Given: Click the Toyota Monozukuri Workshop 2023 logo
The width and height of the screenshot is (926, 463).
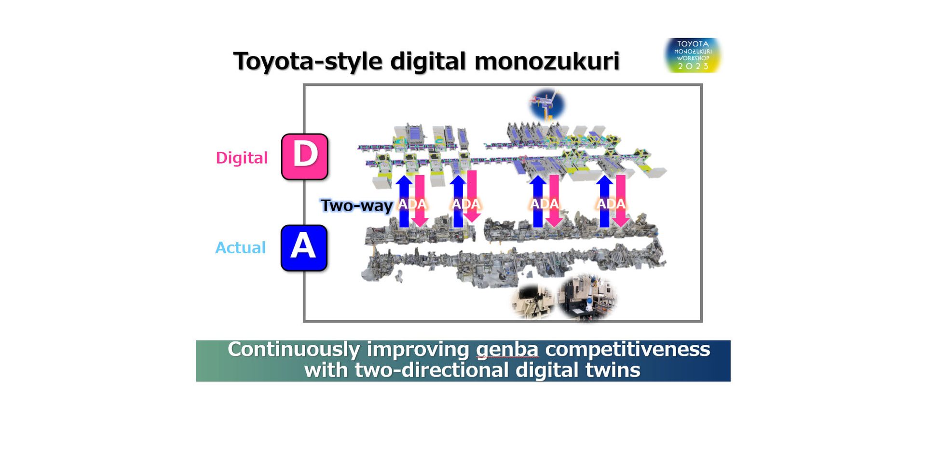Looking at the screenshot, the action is (x=693, y=55).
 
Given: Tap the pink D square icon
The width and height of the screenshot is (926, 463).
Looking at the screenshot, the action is (x=305, y=157).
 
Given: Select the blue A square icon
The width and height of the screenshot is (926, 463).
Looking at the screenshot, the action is (x=304, y=248).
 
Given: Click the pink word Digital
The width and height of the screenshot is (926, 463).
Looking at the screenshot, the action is (x=242, y=158).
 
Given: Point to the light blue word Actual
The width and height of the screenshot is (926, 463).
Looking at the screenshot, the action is (x=240, y=247).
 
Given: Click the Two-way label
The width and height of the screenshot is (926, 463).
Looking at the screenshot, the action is (x=356, y=205).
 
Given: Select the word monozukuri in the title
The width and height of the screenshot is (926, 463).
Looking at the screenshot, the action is (x=547, y=61).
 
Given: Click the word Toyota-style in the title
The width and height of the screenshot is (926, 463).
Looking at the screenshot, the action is (x=308, y=62).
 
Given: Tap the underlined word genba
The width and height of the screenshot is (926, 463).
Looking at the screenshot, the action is (x=507, y=350).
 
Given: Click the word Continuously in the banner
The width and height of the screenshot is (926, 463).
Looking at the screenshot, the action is (x=294, y=350).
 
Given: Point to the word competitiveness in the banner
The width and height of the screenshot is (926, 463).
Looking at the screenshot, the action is (x=627, y=349).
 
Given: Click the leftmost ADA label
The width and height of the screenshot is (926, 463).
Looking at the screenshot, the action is (x=412, y=204).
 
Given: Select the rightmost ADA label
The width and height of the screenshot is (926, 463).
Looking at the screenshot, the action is (x=611, y=204).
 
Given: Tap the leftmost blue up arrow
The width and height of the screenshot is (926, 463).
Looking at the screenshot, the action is (x=404, y=201).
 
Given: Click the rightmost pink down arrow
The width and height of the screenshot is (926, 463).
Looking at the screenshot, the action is (x=621, y=201).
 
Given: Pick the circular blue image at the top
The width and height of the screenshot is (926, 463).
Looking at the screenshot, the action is (x=547, y=104).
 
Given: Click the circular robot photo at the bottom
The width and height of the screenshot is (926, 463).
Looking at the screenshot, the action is (x=587, y=297).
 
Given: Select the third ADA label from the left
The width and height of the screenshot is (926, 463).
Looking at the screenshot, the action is (x=545, y=204).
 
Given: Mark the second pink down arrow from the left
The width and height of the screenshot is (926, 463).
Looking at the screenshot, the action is (x=472, y=196).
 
